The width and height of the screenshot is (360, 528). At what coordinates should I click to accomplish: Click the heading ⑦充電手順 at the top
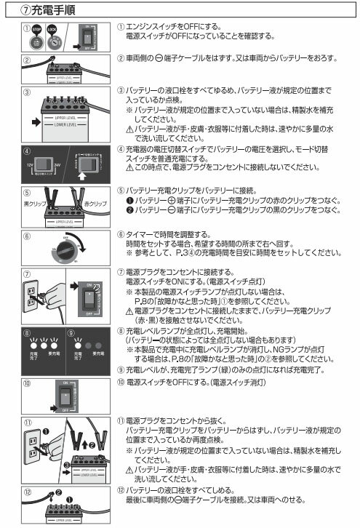44,9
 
